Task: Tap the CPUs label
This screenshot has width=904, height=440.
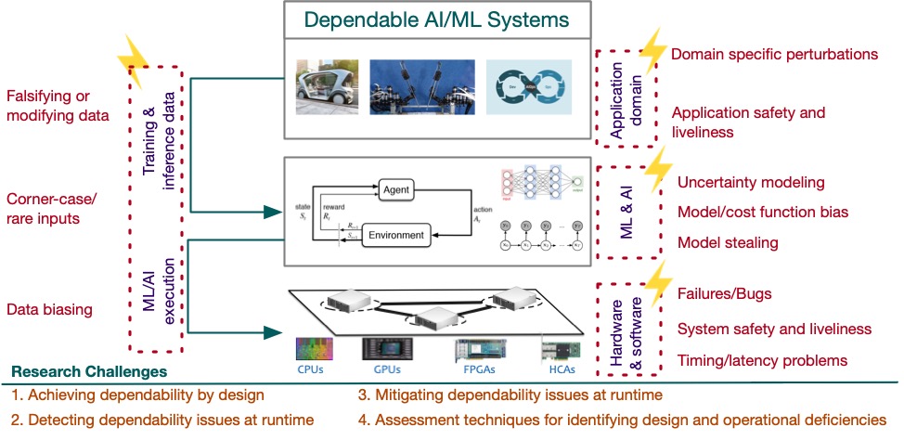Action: coord(311,369)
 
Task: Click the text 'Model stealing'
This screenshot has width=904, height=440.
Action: coord(727,242)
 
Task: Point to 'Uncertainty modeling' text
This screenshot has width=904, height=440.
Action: coord(751,182)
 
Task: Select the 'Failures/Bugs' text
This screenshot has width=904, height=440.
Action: coord(725,294)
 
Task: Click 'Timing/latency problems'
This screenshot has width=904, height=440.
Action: coord(763,360)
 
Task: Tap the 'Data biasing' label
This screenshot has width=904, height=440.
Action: coord(49,309)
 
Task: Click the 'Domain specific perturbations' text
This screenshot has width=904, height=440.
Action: coord(774,55)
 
